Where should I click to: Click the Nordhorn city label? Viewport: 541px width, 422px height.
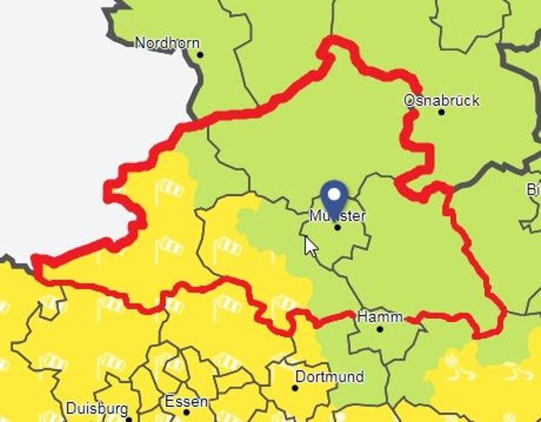[x=167, y=43]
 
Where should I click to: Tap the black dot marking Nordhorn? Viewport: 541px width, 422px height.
[x=200, y=55]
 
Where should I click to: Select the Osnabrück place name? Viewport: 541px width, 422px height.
[x=441, y=100]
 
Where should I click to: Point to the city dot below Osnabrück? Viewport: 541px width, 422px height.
[x=442, y=112]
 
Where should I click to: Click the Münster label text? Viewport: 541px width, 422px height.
[x=338, y=215]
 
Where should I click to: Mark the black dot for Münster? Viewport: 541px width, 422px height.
[x=338, y=228]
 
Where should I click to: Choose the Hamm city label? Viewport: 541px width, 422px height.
[x=380, y=317]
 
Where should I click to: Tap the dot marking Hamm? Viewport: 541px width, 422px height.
[x=380, y=329]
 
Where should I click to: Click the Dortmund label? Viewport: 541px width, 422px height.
[x=329, y=377]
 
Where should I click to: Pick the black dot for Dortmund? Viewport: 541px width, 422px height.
[x=295, y=388]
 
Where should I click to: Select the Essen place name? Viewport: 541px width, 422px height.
[x=186, y=401]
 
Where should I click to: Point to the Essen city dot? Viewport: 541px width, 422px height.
[x=186, y=412]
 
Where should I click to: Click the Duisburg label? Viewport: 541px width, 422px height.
[x=97, y=408]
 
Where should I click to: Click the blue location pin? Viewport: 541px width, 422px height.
[x=334, y=199]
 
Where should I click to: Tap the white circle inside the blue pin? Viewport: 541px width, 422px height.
[x=334, y=194]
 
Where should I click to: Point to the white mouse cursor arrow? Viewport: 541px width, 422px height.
[x=310, y=246]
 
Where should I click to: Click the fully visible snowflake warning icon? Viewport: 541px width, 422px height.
[x=451, y=361]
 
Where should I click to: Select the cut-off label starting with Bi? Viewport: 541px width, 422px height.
[x=533, y=190]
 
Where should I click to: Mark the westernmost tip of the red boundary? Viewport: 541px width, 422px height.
[x=34, y=259]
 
